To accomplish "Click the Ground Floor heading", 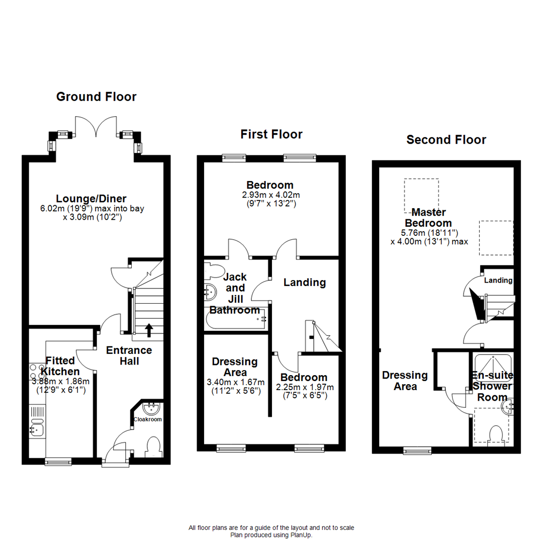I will [x=96, y=97].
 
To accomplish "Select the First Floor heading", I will [x=271, y=134].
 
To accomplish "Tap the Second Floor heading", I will [x=446, y=140].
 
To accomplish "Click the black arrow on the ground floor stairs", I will [x=149, y=329].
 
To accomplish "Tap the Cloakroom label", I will [x=147, y=419].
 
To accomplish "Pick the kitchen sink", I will [x=37, y=429].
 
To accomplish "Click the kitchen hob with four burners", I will [x=37, y=371].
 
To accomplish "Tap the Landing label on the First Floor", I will [x=304, y=283].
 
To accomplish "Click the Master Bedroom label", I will [x=428, y=218].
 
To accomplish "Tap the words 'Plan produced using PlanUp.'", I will [x=271, y=535].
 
